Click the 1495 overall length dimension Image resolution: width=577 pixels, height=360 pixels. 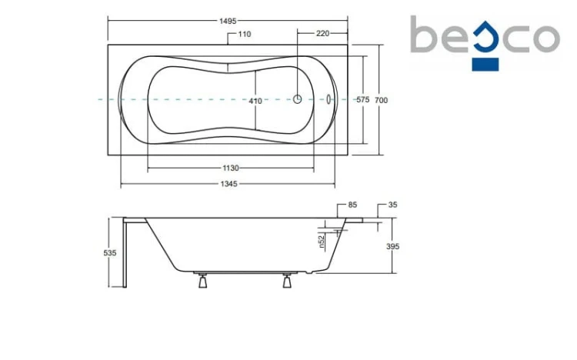228,21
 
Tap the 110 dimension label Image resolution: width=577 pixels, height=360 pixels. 245,35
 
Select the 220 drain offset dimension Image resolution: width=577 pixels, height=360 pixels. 322,34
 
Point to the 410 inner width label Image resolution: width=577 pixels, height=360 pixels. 255,101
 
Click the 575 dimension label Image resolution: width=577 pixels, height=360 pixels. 363,100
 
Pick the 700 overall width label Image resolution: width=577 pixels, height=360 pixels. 382,100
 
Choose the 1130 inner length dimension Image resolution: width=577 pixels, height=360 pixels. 231,168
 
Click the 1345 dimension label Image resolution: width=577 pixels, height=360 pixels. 229,184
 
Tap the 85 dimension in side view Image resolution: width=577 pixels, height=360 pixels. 352,205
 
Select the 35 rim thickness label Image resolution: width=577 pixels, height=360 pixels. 392,205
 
